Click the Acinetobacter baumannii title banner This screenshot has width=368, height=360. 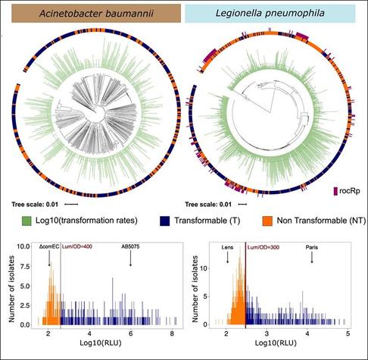tap(96, 13)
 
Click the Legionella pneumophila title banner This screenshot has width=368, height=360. tap(270, 13)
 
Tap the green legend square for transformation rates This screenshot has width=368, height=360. tap(27, 221)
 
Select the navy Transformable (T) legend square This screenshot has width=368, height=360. tap(164, 221)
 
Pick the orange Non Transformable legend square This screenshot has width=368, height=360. tap(267, 221)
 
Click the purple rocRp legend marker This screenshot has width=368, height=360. tap(335, 191)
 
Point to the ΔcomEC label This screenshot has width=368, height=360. tap(49, 247)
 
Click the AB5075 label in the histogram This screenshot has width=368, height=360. tap(130, 246)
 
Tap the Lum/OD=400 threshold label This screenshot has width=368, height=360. tap(77, 247)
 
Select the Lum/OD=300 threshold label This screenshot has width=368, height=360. tap(264, 247)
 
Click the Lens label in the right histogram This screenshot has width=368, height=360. tap(227, 247)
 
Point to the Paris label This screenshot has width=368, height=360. tap(312, 247)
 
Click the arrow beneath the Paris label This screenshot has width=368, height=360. tap(312, 258)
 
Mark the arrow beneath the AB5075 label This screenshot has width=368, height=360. tap(130, 258)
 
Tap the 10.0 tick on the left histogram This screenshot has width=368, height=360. tap(23, 246)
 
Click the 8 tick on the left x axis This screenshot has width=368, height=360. tap(172, 333)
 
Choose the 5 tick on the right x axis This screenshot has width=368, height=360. tap(348, 333)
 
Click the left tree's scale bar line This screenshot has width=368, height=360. tap(71, 205)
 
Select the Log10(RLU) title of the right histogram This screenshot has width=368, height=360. tap(276, 343)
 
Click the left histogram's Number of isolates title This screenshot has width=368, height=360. tap(11, 289)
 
